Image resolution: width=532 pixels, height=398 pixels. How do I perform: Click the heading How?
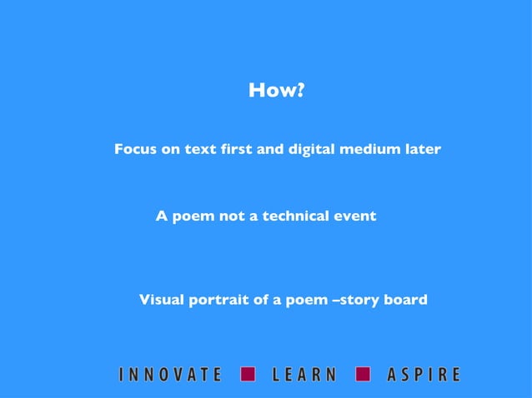point(274,90)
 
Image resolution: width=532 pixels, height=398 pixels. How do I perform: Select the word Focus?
point(135,150)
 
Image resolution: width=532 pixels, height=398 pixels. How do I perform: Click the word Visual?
point(162,300)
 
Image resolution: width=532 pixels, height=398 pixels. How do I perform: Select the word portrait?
point(218,300)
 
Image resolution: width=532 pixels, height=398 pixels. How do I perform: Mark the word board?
point(407,300)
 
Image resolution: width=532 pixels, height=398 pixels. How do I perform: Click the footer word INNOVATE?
point(170,375)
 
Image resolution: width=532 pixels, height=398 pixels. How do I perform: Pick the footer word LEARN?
point(304,375)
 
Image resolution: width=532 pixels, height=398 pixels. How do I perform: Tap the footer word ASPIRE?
point(423,375)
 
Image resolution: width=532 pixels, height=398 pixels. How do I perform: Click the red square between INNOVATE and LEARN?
point(248,374)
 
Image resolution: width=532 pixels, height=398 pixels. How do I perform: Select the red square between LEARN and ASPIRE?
point(363,374)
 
